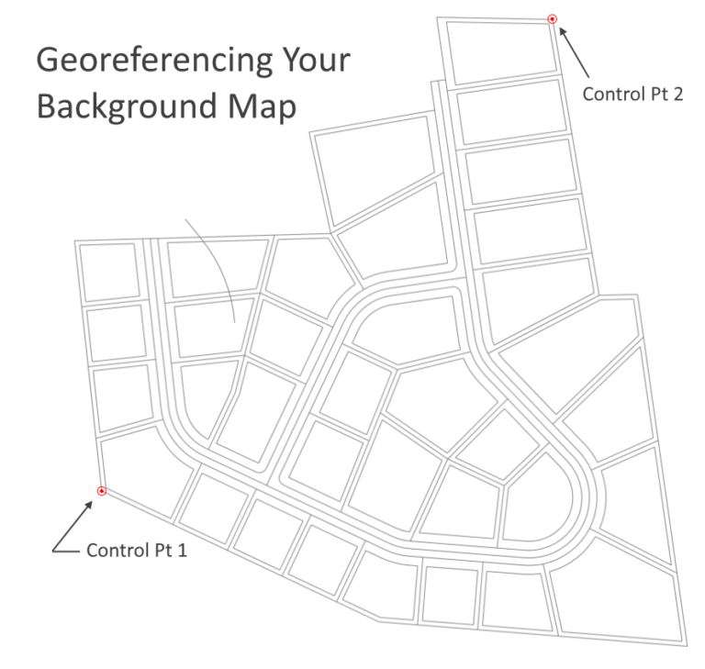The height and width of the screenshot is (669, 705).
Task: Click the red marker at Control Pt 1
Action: pos(102,491)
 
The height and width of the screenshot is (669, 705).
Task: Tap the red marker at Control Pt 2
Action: pos(552,18)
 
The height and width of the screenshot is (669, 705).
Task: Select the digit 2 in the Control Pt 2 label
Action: pos(677,94)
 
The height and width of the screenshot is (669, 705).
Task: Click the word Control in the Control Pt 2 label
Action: pos(610,94)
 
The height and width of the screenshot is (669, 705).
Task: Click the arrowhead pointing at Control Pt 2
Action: pos(563,32)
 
